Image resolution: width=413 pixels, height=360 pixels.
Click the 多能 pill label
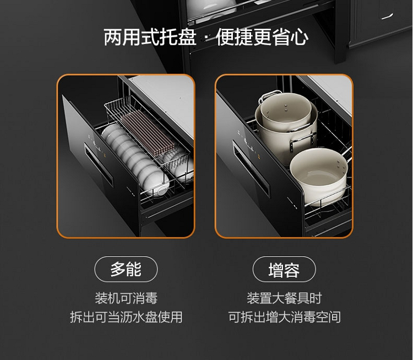click(126, 269)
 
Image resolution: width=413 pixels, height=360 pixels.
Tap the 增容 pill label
click(284, 269)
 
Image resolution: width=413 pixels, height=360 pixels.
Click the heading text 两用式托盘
click(150, 37)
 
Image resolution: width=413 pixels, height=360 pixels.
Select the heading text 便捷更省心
click(262, 37)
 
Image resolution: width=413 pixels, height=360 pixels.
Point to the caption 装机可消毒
click(126, 298)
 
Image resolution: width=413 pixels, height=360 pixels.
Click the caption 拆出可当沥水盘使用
click(126, 317)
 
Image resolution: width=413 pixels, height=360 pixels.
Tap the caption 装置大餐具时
click(285, 298)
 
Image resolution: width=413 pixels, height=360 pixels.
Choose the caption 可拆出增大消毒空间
click(285, 317)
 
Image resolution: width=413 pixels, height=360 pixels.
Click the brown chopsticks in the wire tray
click(148, 132)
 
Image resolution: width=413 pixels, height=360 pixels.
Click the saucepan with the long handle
click(320, 174)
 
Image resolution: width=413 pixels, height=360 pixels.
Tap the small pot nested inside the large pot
click(286, 111)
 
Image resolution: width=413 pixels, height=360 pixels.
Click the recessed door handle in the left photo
click(99, 165)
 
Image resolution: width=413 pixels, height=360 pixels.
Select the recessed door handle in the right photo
click(251, 169)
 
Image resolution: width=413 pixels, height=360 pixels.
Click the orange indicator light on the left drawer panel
click(105, 155)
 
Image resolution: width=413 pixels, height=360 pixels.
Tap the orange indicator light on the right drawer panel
click(259, 158)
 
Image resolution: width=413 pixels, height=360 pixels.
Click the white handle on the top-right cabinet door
click(387, 17)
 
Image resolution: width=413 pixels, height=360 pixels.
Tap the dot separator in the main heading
click(206, 38)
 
